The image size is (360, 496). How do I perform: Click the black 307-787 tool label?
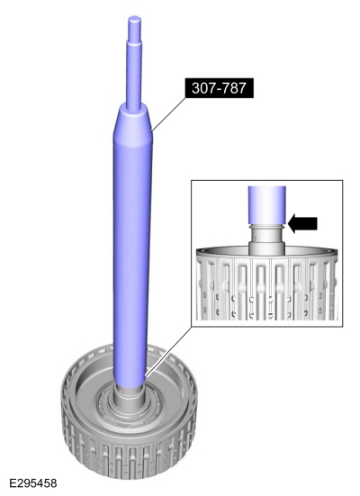220,87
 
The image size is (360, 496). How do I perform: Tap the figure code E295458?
33,483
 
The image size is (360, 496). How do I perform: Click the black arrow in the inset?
302,223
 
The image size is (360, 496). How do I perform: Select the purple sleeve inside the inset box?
267,205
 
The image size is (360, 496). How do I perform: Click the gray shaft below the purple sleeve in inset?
266,240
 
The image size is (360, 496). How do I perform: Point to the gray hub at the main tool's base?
130,398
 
